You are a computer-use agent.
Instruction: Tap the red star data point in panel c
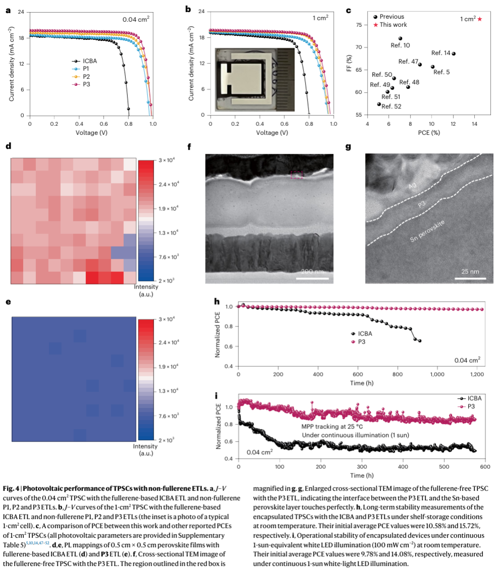(479, 19)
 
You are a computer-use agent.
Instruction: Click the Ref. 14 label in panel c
(441, 53)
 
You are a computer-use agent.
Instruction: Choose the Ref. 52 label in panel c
(391, 106)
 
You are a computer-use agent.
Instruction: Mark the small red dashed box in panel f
(297, 174)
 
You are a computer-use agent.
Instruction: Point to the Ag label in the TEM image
(413, 187)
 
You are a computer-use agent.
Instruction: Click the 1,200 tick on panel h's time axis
(476, 374)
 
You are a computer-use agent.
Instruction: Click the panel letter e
(8, 302)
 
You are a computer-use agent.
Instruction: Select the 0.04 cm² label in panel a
(136, 19)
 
